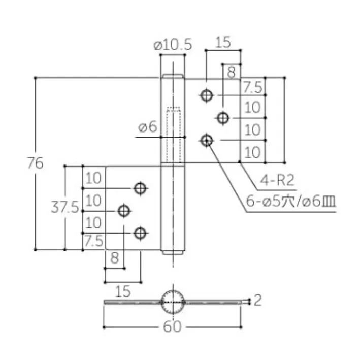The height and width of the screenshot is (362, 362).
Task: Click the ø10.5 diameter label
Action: [173, 45]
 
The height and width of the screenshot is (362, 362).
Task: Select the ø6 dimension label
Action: [147, 127]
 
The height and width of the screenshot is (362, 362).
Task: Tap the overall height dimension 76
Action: [35, 163]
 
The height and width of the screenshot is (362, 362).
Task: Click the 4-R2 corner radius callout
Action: [277, 179]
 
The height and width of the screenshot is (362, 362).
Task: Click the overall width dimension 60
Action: [173, 327]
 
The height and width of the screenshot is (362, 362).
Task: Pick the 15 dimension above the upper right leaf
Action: [222, 42]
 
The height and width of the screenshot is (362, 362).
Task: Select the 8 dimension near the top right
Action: [232, 73]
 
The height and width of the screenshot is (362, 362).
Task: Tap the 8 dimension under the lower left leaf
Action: [114, 258]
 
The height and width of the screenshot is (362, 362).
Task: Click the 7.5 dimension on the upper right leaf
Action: [252, 88]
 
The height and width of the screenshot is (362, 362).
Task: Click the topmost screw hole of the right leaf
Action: [206, 95]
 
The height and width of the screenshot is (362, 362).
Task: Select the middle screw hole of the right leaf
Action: [222, 118]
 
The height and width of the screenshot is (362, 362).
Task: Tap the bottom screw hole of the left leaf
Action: [140, 233]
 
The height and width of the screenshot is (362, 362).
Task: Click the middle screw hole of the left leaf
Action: [123, 210]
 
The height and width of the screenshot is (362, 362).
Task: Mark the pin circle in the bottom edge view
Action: [173, 302]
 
